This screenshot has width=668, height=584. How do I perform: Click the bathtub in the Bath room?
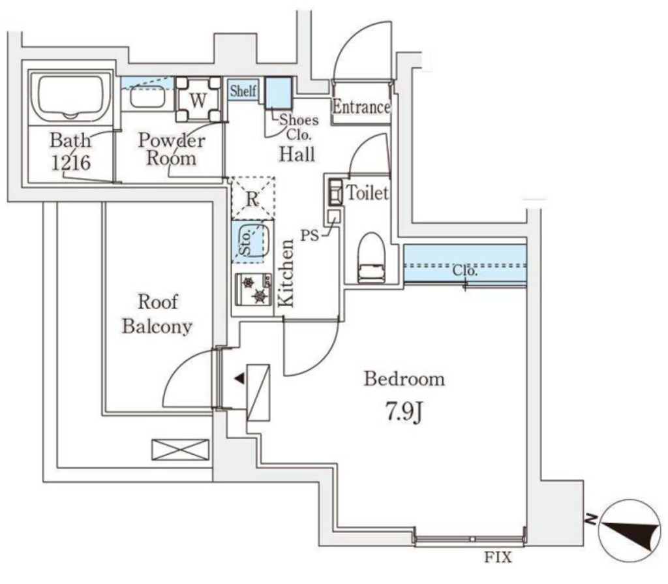(72, 98)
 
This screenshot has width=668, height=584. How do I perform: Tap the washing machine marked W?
(198, 100)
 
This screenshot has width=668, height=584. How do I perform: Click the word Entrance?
(361, 107)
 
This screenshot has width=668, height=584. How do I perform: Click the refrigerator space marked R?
(252, 198)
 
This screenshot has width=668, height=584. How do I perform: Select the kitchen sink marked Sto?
(252, 240)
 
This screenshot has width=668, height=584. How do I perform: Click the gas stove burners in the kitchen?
(254, 289)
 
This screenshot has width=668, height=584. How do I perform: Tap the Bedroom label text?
(404, 378)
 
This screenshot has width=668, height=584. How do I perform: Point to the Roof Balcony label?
(157, 314)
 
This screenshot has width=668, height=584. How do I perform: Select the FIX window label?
(498, 558)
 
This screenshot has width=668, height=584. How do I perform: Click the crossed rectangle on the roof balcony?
(180, 450)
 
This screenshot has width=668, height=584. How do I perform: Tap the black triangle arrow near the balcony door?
(239, 378)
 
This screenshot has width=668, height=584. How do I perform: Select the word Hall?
(297, 154)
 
